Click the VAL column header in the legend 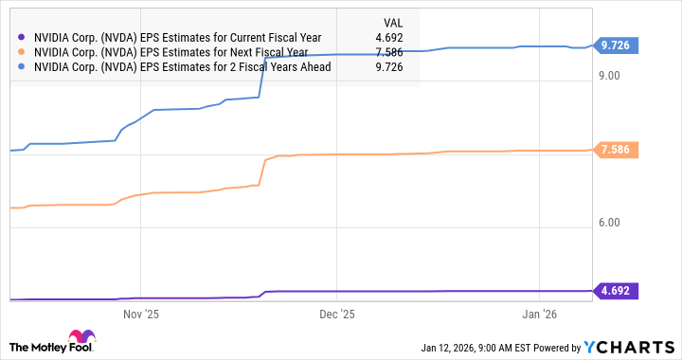tap(391, 21)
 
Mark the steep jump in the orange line tap(262, 171)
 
